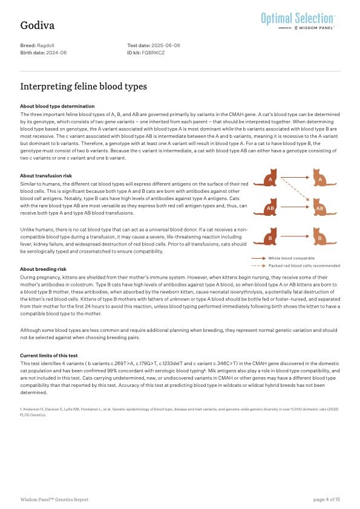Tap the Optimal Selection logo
298,21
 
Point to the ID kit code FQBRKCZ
154,53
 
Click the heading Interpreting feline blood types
83,86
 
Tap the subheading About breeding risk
44,269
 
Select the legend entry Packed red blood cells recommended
304,265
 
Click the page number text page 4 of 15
327,499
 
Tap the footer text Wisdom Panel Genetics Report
54,499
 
